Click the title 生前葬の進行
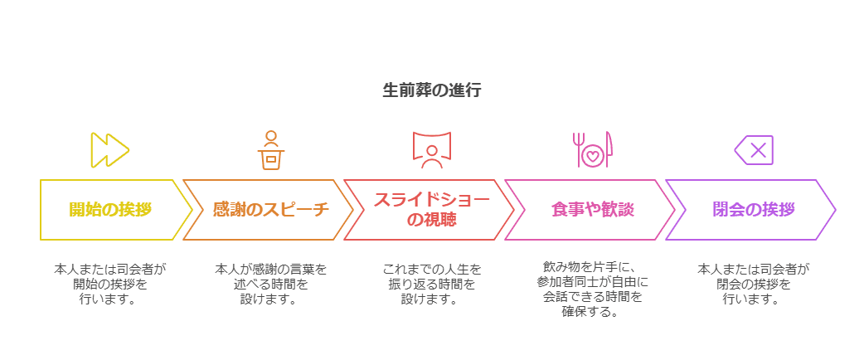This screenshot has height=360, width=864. pyautogui.click(x=431, y=90)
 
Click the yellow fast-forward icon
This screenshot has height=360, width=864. pyautogui.click(x=109, y=150)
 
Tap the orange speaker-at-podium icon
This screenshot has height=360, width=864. pyautogui.click(x=270, y=150)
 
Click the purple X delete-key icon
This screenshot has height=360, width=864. pyautogui.click(x=754, y=150)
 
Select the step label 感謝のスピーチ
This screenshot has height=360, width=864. pyautogui.click(x=270, y=210)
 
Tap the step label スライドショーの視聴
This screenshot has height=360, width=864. pyautogui.click(x=431, y=210)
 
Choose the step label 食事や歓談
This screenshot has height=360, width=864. pyautogui.click(x=592, y=210)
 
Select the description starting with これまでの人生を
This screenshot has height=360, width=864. pyautogui.click(x=431, y=284)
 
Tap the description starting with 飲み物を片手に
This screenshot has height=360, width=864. pyautogui.click(x=592, y=289)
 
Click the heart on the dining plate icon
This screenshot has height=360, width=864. pyautogui.click(x=592, y=155)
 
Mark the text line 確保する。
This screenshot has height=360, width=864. pyautogui.click(x=592, y=312)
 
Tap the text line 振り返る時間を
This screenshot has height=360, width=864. pyautogui.click(x=431, y=284)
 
